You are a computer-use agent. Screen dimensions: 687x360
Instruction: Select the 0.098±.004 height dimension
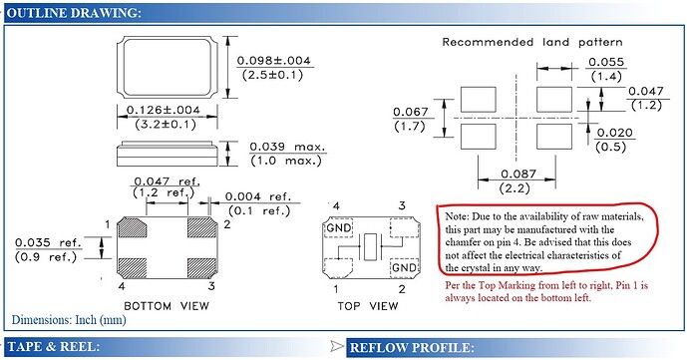pyautogui.click(x=274, y=61)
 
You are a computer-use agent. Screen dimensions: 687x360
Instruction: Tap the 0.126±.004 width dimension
pyautogui.click(x=167, y=110)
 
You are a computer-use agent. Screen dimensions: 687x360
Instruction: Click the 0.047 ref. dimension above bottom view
pyautogui.click(x=167, y=183)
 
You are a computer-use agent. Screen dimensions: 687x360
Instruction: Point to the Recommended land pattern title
pyautogui.click(x=532, y=43)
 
